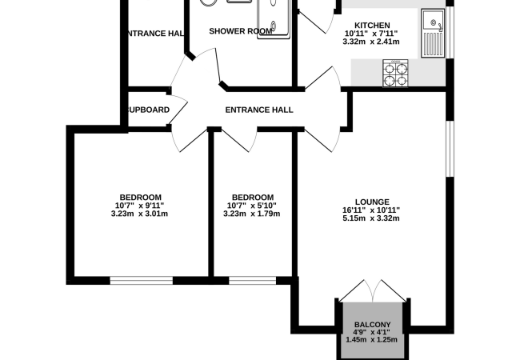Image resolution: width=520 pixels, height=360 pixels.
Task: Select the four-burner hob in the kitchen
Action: tap(395, 73)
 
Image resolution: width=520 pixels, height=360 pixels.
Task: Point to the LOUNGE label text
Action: tap(372, 202)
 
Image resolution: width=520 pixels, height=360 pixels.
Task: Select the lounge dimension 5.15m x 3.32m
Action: tap(372, 219)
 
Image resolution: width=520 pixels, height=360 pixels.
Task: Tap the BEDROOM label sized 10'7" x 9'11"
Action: tap(141, 198)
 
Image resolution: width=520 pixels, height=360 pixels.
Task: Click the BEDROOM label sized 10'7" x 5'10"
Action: tap(253, 198)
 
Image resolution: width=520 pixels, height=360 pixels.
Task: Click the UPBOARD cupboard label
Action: tap(147, 110)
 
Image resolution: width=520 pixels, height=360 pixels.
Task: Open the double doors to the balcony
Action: tap(372, 292)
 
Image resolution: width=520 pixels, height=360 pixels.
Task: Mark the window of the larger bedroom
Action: tap(141, 279)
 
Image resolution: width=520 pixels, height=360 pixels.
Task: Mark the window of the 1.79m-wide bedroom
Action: tap(253, 279)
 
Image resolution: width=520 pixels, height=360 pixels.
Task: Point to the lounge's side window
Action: tap(449, 148)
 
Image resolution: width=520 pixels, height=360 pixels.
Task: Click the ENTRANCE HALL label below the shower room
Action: tap(259, 110)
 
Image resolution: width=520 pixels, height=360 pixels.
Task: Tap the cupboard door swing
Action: tap(178, 109)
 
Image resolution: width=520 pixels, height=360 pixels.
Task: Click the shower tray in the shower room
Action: tap(273, 18)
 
